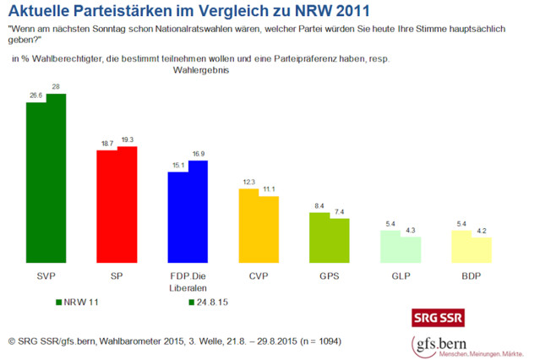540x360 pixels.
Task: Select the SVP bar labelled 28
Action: pyautogui.click(x=56, y=177)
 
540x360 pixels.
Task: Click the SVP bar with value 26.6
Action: pyautogui.click(x=36, y=182)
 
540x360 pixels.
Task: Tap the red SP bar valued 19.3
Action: pyautogui.click(x=127, y=204)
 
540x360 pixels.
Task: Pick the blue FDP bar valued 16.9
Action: pyautogui.click(x=198, y=211)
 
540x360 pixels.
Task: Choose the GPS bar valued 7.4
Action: pyautogui.click(x=340, y=240)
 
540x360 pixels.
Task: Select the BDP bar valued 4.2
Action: pyautogui.click(x=482, y=250)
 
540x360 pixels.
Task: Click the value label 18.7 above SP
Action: pyautogui.click(x=106, y=145)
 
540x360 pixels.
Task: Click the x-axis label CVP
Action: pyautogui.click(x=259, y=275)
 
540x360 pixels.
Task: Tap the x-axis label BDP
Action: pyautogui.click(x=471, y=275)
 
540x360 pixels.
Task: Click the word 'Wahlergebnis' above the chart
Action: pyautogui.click(x=202, y=70)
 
